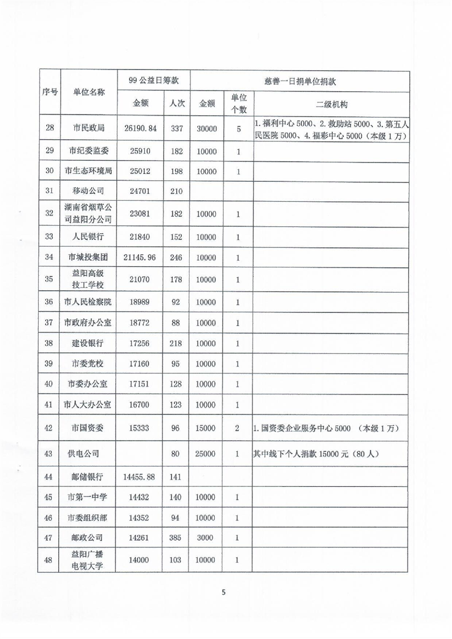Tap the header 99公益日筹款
tap(152, 81)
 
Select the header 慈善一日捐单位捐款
tap(300, 81)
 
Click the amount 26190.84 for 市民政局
tap(140, 129)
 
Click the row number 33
tap(49, 237)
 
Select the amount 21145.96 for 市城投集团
tap(140, 258)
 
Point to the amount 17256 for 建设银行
tap(140, 346)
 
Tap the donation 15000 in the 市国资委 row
tap(206, 428)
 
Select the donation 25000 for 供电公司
tap(206, 454)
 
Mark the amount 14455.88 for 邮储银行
tap(140, 477)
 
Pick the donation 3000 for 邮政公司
tap(206, 538)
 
